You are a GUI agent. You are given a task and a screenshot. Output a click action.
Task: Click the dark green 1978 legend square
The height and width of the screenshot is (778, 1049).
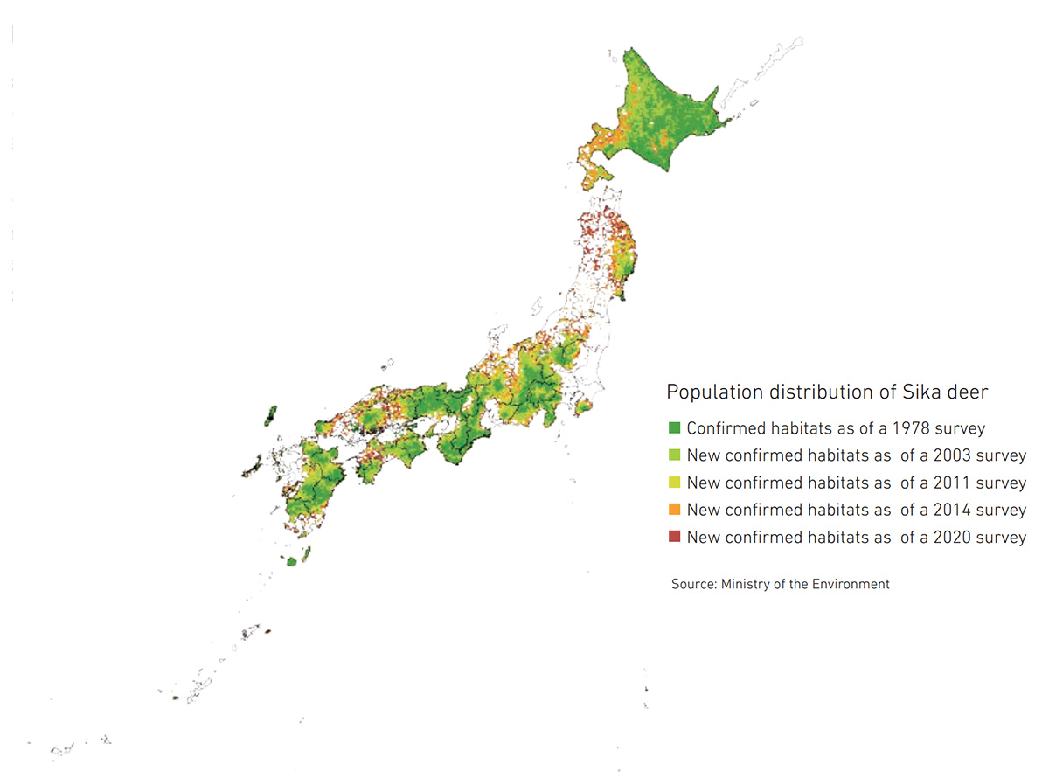coord(674,428)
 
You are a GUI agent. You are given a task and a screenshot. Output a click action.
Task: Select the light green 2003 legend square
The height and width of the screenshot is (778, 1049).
coord(674,455)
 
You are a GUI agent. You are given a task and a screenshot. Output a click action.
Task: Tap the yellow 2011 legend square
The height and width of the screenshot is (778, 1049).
coord(674,483)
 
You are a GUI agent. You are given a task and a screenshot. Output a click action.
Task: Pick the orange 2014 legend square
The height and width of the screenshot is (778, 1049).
coord(674,510)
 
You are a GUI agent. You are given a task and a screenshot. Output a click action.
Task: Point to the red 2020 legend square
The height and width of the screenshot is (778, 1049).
coord(674,537)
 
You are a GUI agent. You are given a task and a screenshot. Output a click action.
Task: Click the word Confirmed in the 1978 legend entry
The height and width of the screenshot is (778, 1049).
coord(723,428)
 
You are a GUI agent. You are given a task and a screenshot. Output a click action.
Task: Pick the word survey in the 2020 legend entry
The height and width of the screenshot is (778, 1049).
coord(1002,537)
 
